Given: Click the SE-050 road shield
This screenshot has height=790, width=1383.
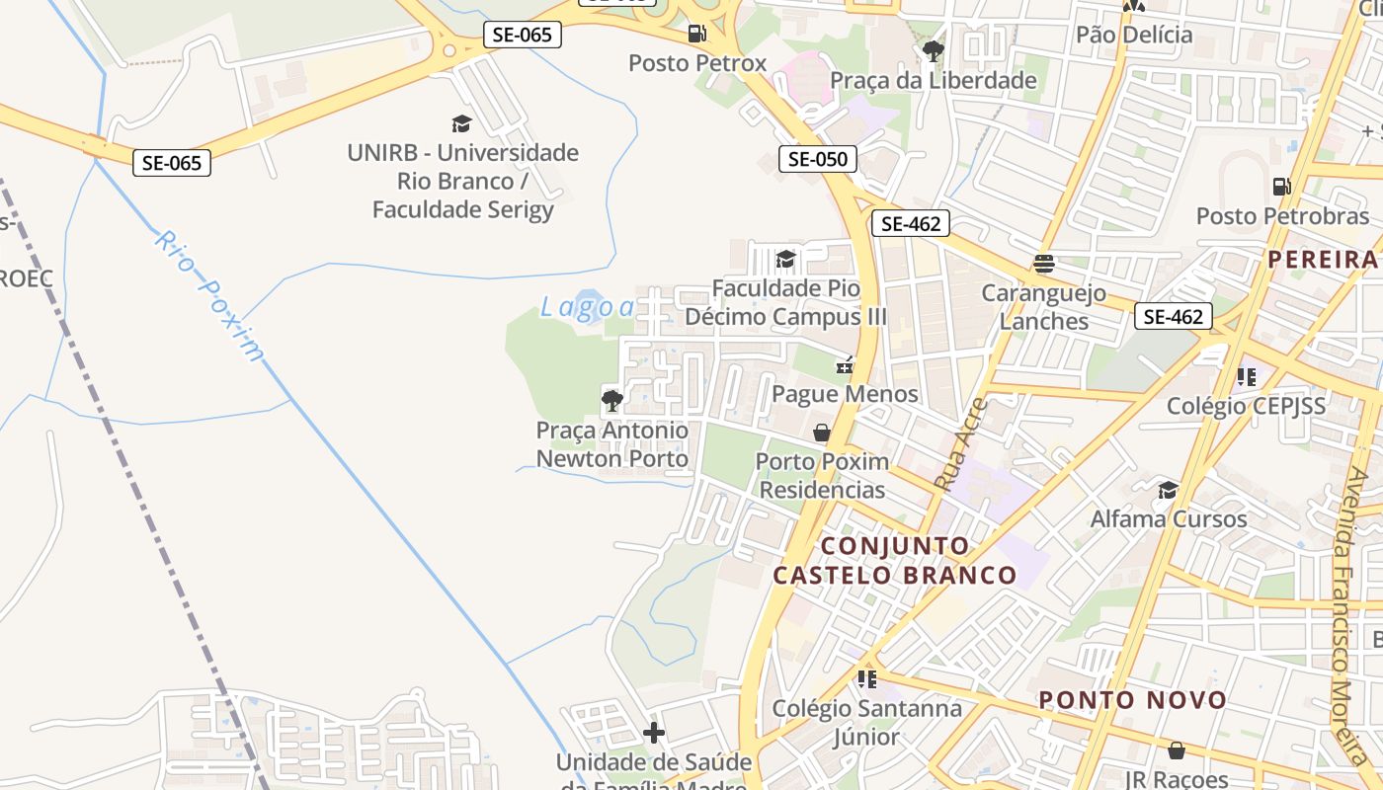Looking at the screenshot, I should (818, 158).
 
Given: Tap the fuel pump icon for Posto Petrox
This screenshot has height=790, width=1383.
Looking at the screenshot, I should (697, 34).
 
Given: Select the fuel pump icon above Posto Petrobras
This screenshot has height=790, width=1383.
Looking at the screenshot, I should (1282, 186).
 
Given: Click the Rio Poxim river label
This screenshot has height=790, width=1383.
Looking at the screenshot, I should (210, 295).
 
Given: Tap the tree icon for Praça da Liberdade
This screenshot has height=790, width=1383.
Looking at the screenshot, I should (933, 49).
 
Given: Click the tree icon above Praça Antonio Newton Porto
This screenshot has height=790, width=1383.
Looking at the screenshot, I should (612, 400).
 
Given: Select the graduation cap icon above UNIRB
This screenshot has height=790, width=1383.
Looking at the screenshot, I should (461, 123).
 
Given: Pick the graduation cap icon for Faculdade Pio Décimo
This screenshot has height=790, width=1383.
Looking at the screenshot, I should (785, 259).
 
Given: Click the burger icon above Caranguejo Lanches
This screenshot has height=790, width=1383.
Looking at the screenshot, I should (1043, 264).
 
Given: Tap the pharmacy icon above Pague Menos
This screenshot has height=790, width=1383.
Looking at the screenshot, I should (845, 364).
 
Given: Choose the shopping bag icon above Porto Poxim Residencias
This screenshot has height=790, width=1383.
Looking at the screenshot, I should (821, 433).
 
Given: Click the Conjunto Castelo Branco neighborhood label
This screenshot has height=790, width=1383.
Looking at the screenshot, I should (894, 560).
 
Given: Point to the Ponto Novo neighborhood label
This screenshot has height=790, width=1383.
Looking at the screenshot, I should (1132, 700).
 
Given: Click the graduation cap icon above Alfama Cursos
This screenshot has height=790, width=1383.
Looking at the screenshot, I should (1168, 490).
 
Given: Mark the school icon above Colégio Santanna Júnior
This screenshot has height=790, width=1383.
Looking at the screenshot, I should (866, 678).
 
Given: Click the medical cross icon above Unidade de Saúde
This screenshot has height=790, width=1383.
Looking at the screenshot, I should (654, 733).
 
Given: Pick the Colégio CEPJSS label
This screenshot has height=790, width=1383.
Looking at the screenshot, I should (1247, 405).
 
